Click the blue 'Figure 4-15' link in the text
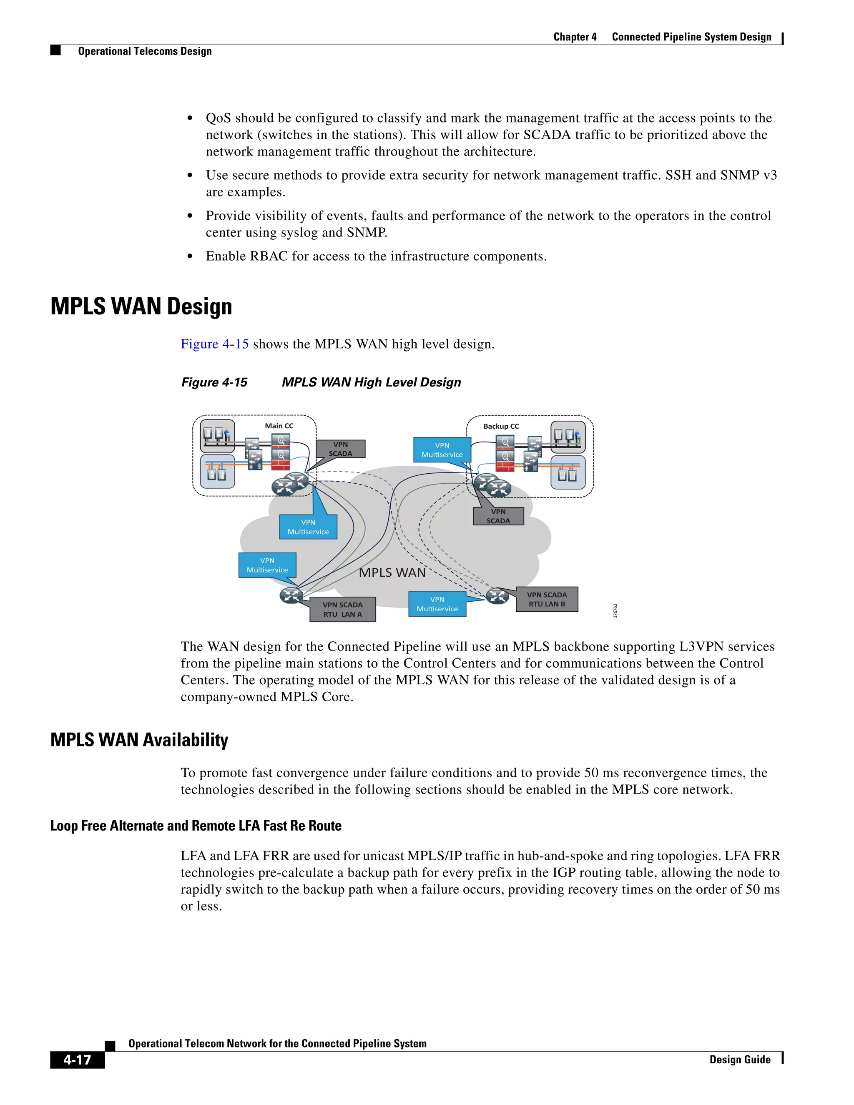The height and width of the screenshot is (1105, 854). tap(214, 344)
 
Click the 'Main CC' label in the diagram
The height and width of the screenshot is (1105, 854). tap(279, 426)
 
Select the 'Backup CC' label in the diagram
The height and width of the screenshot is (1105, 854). tap(501, 427)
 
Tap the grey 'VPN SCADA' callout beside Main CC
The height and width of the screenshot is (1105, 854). tap(341, 449)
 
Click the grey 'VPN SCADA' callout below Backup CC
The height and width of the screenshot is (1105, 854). tap(498, 516)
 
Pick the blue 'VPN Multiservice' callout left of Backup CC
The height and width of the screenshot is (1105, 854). tap(442, 450)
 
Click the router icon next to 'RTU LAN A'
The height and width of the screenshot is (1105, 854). tap(291, 595)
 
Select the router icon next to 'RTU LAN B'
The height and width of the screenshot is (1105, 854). tap(497, 596)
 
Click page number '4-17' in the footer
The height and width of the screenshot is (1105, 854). tap(78, 1059)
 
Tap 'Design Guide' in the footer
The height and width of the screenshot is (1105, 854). tap(740, 1060)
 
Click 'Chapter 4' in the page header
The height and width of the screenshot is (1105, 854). tap(575, 37)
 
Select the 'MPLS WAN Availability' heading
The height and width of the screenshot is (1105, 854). tap(139, 740)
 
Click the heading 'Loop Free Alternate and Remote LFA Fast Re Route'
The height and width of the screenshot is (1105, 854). tap(196, 826)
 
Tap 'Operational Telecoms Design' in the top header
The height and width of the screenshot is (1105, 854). tap(145, 51)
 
